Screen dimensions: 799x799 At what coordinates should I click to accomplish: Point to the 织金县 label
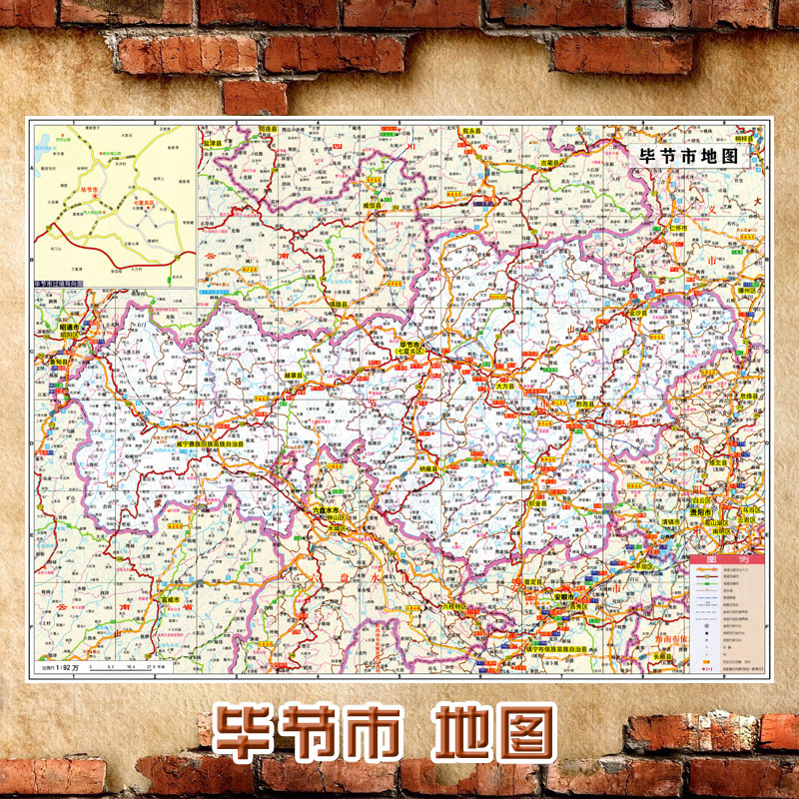(537, 504)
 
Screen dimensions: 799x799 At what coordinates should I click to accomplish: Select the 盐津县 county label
(211, 142)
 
